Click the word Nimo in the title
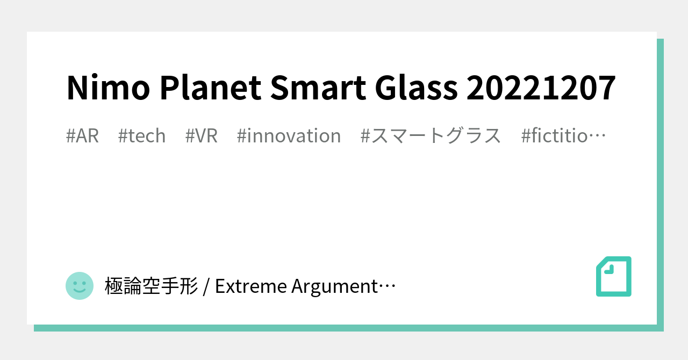[108, 88]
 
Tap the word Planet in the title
[211, 88]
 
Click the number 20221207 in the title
[541, 88]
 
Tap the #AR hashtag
[82, 136]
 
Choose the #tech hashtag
[142, 136]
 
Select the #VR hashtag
[202, 136]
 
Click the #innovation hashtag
[289, 136]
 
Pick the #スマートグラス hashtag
[431, 136]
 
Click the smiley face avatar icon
[80, 286]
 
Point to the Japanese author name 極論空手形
[151, 286]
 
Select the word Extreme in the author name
[250, 286]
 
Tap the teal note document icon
[613, 276]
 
